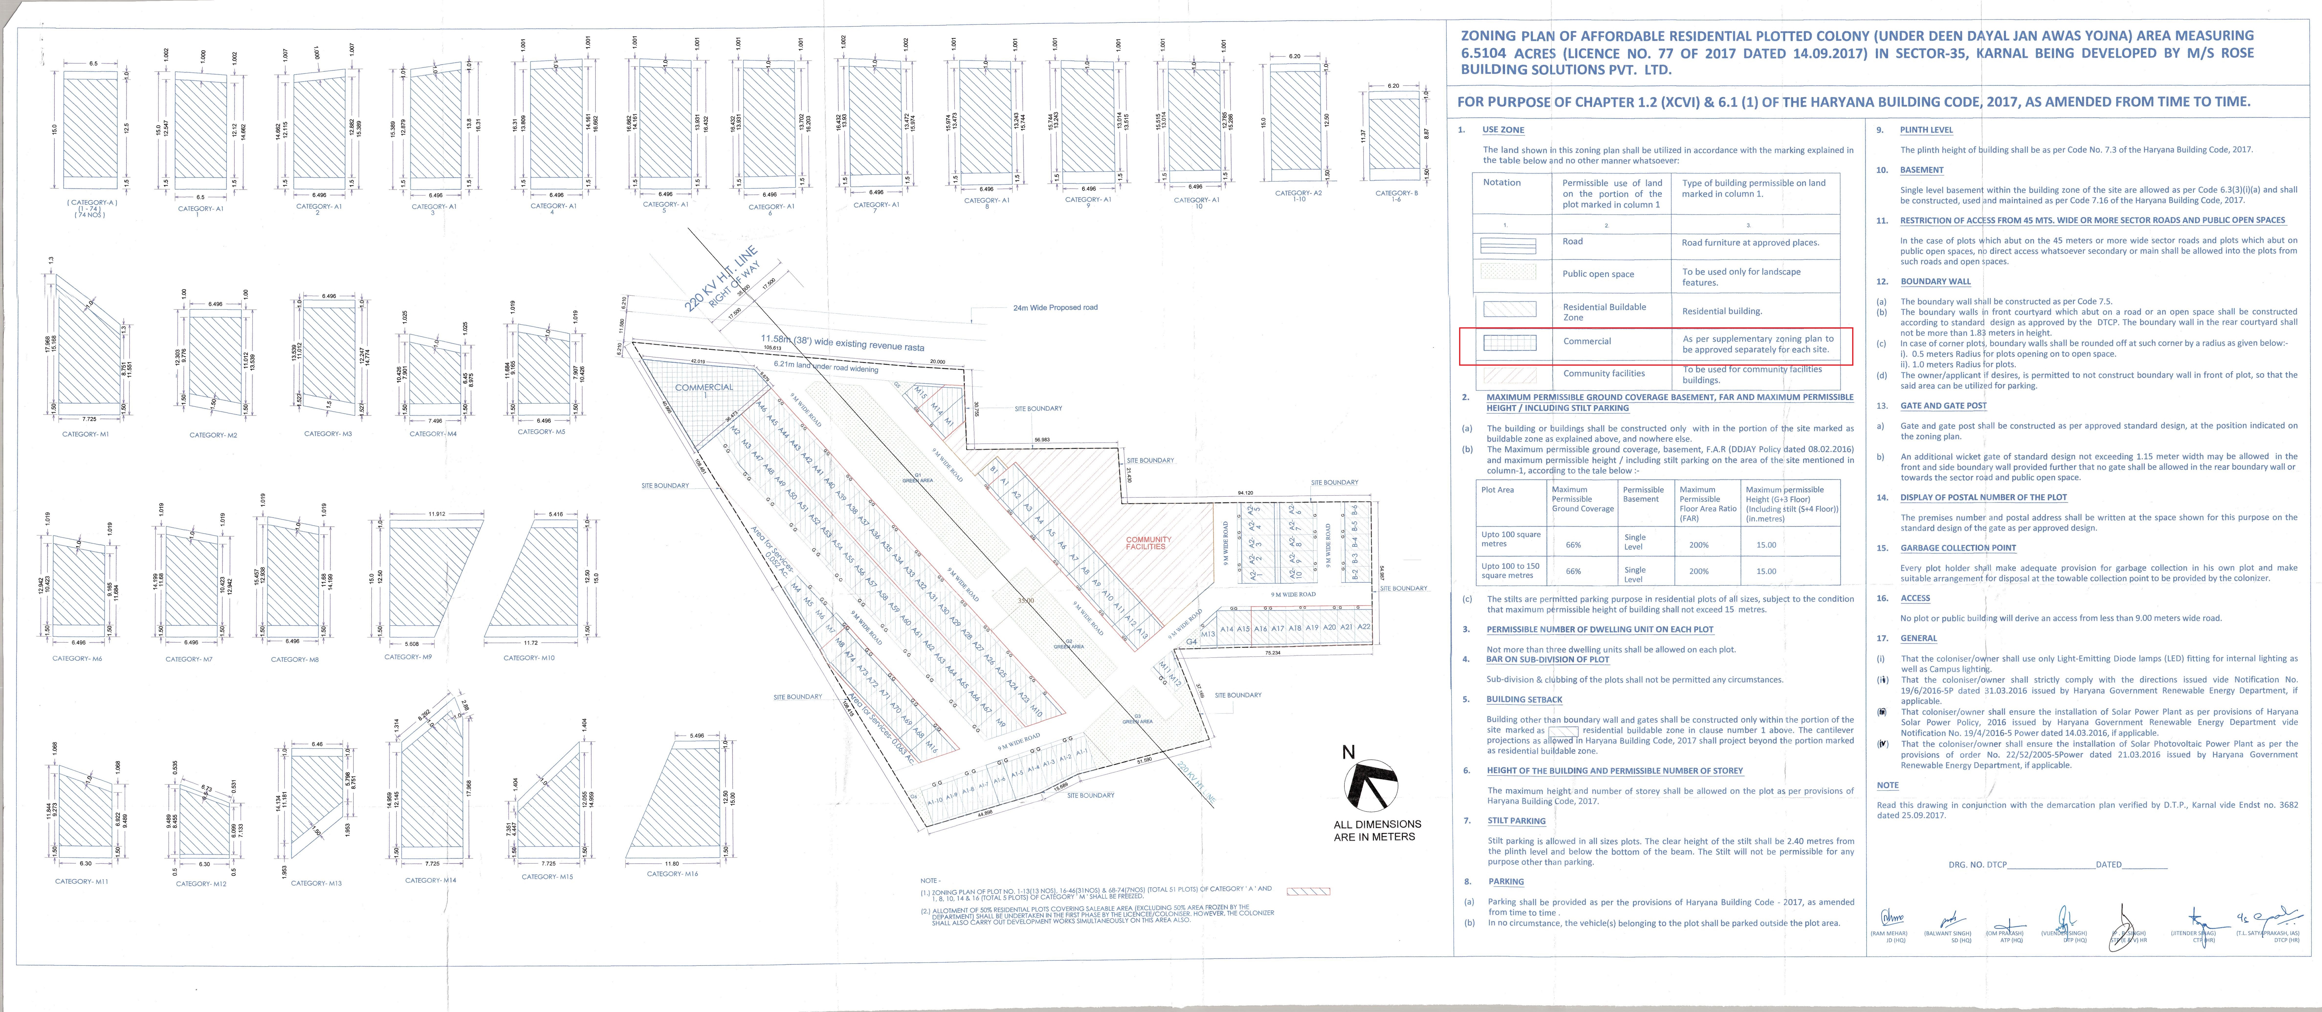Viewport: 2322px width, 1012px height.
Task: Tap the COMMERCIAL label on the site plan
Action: tap(704, 387)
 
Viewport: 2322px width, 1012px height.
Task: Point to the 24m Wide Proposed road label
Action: tap(1055, 307)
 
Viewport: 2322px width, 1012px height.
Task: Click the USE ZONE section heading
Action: tap(1504, 130)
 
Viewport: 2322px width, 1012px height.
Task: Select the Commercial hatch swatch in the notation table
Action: tap(1509, 342)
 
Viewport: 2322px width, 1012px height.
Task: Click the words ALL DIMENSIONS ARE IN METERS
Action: tap(1376, 830)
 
